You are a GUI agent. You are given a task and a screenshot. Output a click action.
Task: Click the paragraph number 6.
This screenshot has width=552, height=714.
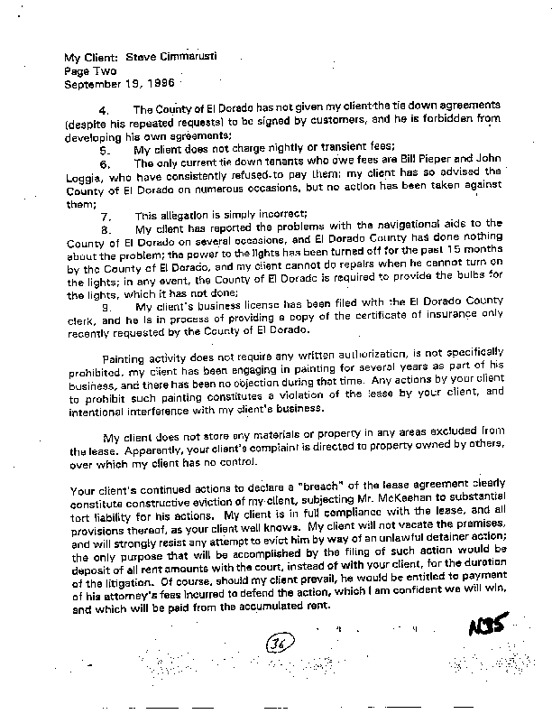tap(104, 163)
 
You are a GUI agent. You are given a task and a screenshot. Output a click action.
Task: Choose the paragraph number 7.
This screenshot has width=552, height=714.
tap(104, 217)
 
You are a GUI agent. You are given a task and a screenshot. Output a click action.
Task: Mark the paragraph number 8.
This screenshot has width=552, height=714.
tap(104, 233)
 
